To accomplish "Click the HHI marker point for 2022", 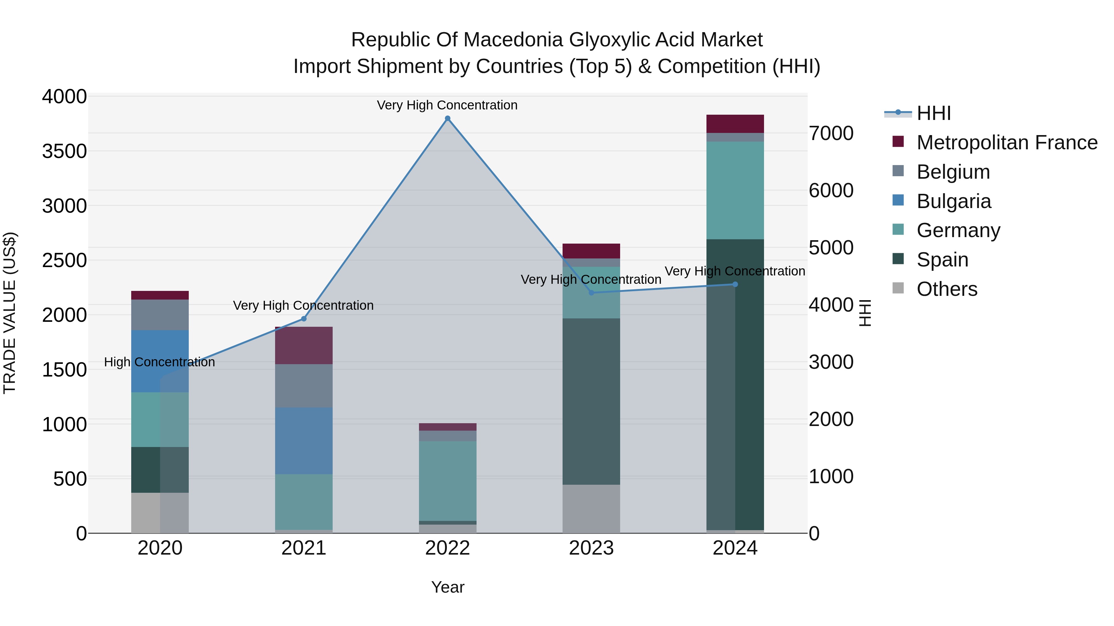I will point(447,118).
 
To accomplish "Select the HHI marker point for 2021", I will point(304,319).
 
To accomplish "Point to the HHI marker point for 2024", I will point(735,284).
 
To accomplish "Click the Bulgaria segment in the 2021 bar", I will point(304,441).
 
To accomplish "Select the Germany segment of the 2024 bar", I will point(735,190).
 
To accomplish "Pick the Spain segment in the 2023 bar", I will point(591,402).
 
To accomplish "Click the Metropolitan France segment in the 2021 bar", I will point(304,346).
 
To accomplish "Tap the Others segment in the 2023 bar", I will point(591,509).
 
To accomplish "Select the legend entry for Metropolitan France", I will point(1006,143).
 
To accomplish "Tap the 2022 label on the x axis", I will point(447,548).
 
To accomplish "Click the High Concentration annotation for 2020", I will point(159,362).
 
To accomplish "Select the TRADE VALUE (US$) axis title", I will point(10,313).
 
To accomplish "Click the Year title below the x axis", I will point(447,587).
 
